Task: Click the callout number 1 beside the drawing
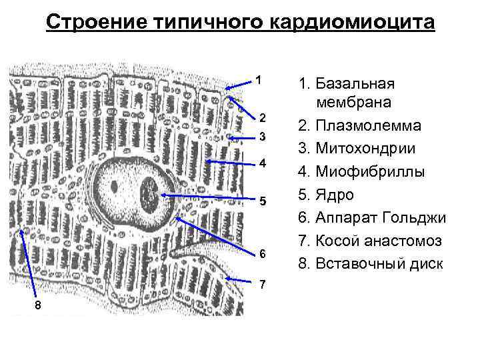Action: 258,81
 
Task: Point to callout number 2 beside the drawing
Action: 263,118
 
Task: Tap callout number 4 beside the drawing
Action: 263,163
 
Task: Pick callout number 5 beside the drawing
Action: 263,201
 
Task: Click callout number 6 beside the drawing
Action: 263,254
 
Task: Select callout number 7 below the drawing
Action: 263,285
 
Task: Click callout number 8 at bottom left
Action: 37,305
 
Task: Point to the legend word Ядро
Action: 335,195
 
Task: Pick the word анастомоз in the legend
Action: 398,241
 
